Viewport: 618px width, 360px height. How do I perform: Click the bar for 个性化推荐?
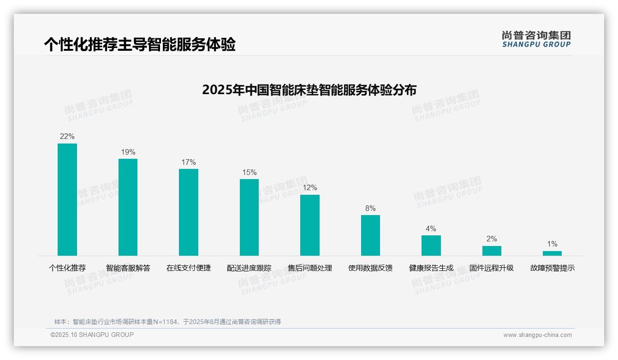(x=67, y=199)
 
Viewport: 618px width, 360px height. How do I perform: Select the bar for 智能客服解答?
(x=128, y=207)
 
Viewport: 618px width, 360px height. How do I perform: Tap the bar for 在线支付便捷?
(x=189, y=212)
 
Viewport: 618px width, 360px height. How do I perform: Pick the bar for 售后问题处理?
(x=310, y=225)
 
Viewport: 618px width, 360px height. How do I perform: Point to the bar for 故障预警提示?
(x=552, y=253)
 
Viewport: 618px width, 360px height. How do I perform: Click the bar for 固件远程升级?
(x=492, y=251)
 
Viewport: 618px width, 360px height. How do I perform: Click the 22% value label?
(x=67, y=137)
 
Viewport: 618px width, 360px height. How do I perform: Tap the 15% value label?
(x=250, y=173)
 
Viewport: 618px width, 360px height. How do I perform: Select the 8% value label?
(x=370, y=209)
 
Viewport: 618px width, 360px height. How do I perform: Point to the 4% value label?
(x=431, y=229)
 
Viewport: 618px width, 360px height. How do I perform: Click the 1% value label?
(x=552, y=244)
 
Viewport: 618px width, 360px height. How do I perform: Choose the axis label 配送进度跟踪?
(x=249, y=268)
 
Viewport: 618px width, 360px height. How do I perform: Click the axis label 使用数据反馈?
(x=370, y=268)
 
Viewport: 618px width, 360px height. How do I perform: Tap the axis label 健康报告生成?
(x=431, y=268)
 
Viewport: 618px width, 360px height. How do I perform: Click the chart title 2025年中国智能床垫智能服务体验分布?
(x=309, y=90)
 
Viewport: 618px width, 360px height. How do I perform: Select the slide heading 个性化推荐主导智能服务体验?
(x=140, y=44)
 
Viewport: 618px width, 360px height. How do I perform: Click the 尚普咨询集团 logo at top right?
(x=536, y=39)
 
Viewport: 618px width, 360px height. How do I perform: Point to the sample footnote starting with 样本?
(x=167, y=322)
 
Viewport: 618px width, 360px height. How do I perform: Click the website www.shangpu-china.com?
(x=537, y=335)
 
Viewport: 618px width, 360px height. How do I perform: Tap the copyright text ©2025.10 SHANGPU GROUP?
(x=92, y=335)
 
